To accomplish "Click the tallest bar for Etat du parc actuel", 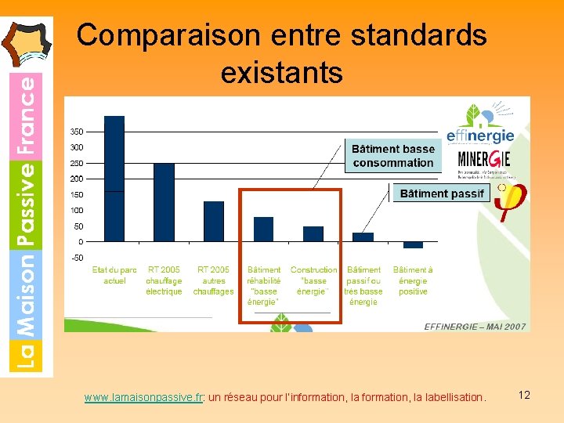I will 114,178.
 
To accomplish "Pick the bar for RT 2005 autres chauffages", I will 214,221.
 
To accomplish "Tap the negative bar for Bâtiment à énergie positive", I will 413,244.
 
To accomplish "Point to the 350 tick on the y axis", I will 77,131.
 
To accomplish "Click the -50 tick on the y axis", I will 77,258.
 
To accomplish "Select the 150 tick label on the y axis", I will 77,194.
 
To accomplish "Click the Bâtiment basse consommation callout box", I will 392,156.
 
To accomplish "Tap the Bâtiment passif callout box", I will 441,193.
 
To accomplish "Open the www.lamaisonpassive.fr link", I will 143,397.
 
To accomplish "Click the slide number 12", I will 524,395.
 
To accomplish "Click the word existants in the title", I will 282,73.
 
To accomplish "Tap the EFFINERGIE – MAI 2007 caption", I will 475,327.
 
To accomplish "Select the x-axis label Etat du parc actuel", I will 114,275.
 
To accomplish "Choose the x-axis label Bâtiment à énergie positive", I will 413,280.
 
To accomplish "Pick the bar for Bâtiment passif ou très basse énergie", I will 363,237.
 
